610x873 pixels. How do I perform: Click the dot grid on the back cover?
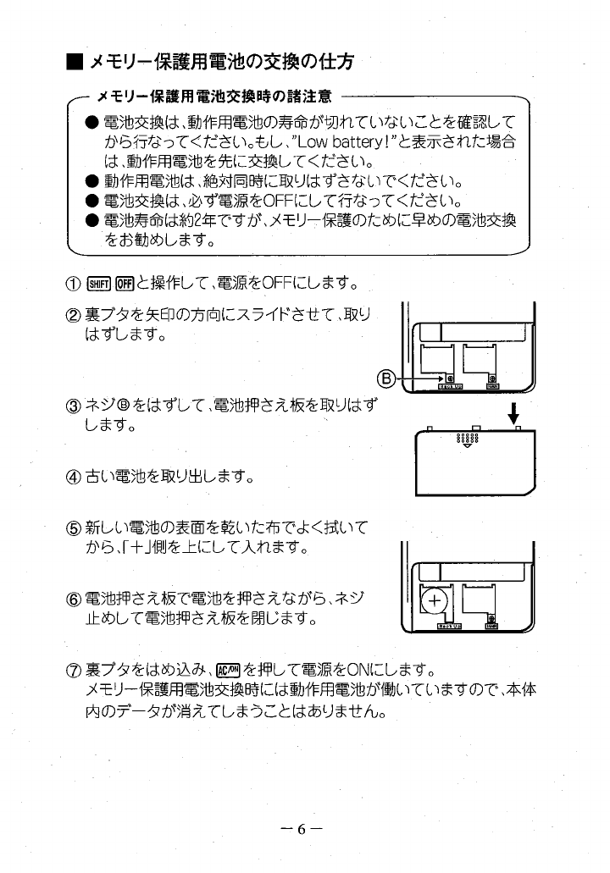click(469, 440)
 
